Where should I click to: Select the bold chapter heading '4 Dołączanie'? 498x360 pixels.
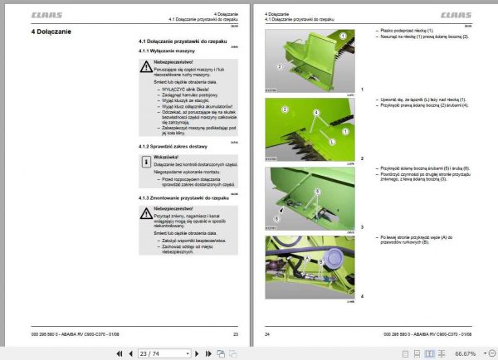51,32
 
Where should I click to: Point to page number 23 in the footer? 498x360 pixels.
235,333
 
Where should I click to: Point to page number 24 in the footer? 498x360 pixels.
267,333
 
